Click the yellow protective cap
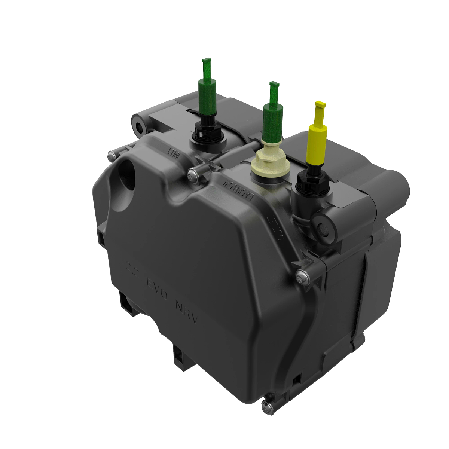point(317,144)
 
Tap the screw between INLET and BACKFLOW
point(193,174)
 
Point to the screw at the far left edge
point(111,155)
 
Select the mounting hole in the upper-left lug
point(140,127)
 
